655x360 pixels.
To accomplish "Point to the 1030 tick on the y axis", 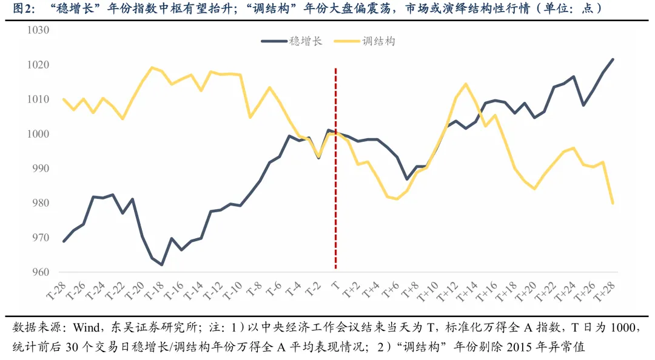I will click(x=38, y=30).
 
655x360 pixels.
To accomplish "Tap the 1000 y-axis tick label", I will click(x=38, y=134).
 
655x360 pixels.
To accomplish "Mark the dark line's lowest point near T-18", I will click(x=162, y=264).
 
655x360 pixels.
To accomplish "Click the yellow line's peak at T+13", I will click(x=465, y=84).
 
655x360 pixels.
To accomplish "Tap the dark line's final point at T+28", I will click(x=613, y=59).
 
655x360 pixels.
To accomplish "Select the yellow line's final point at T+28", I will click(x=613, y=203).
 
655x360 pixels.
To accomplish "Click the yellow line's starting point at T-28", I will click(x=64, y=99).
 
